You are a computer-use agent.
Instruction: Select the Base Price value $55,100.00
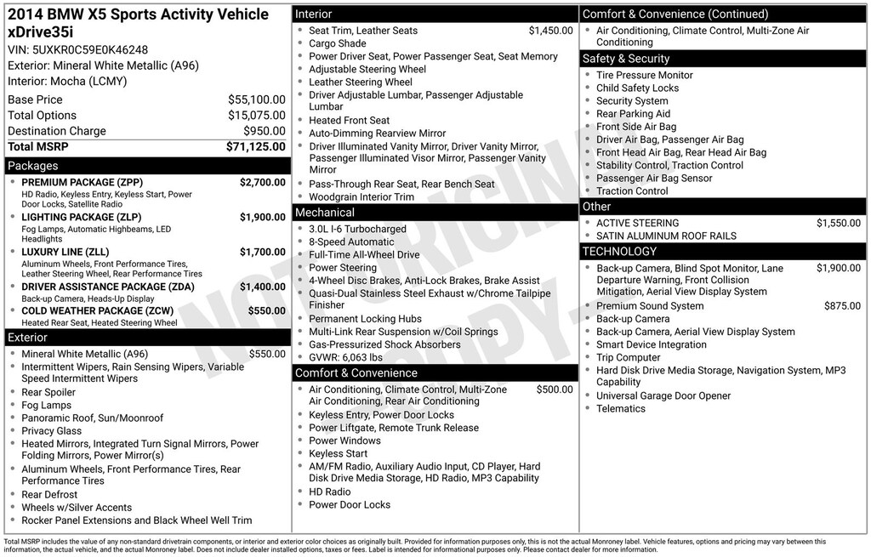pyautogui.click(x=257, y=99)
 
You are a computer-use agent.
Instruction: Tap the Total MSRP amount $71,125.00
pyautogui.click(x=256, y=147)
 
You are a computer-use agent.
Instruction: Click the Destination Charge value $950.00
pyautogui.click(x=265, y=131)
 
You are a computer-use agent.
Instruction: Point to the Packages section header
pyautogui.click(x=33, y=166)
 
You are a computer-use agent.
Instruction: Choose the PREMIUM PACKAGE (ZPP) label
pyautogui.click(x=82, y=183)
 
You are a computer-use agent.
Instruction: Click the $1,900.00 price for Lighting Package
pyautogui.click(x=262, y=218)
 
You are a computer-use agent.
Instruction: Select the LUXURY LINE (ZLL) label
pyautogui.click(x=65, y=253)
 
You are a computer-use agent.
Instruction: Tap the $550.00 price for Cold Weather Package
pyautogui.click(x=266, y=311)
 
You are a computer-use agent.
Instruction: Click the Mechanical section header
pyautogui.click(x=325, y=213)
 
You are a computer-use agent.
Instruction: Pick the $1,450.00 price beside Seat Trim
pyautogui.click(x=550, y=31)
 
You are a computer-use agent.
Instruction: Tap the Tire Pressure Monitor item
pyautogui.click(x=644, y=75)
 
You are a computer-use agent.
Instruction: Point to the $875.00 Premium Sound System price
pyautogui.click(x=842, y=306)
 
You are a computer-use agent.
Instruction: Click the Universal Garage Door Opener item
pyautogui.click(x=663, y=395)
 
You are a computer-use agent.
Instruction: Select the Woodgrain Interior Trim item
pyautogui.click(x=361, y=196)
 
